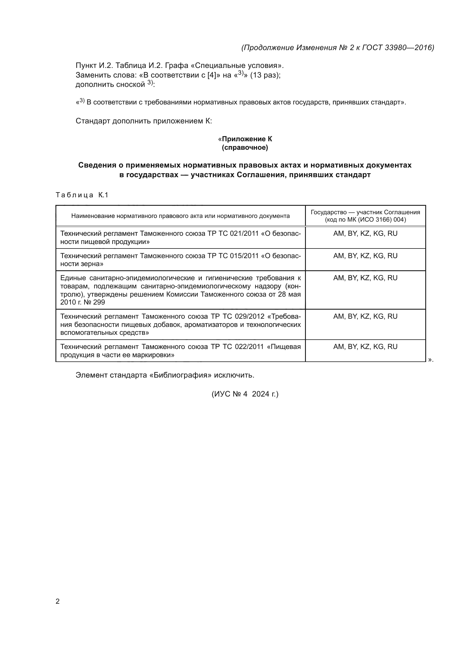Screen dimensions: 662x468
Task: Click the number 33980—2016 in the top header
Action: [409, 48]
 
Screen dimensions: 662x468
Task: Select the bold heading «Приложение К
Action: [245, 139]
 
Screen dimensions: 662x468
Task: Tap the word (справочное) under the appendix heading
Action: [245, 148]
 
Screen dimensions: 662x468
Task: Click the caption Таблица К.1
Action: [82, 195]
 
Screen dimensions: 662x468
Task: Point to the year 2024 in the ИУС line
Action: [261, 394]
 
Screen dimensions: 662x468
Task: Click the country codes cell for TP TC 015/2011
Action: [365, 256]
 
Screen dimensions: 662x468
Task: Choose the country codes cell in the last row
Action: [365, 347]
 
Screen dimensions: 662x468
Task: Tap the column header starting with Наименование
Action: [181, 216]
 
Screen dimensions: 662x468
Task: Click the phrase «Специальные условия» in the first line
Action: [236, 65]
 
